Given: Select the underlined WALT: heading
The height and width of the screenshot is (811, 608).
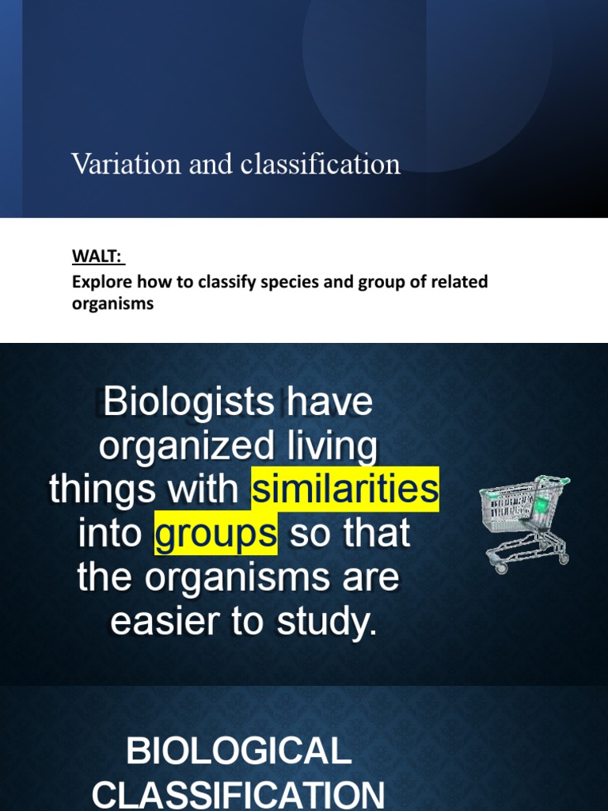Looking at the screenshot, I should tap(99, 257).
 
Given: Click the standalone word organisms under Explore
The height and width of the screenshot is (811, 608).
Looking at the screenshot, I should tap(112, 303).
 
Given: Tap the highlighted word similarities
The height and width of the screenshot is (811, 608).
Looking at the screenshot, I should tap(344, 489).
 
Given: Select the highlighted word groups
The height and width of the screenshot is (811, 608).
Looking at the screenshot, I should tap(216, 534).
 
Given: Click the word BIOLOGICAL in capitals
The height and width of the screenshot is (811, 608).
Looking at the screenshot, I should tap(238, 750).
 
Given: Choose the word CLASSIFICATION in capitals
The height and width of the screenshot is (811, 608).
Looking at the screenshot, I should tap(238, 794).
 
